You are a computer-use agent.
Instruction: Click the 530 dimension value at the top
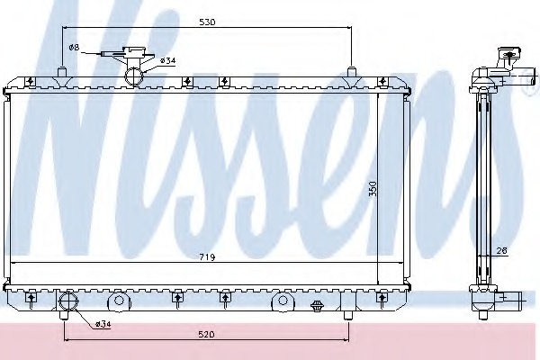[x=207, y=22]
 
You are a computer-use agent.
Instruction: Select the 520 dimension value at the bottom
[x=206, y=334]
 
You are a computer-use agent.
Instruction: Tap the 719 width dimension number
[x=207, y=257]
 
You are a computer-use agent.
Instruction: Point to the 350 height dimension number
[x=373, y=189]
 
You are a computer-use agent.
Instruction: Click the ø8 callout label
[x=74, y=48]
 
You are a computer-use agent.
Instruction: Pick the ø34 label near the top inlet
[x=167, y=61]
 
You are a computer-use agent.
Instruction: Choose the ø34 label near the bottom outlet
[x=103, y=324]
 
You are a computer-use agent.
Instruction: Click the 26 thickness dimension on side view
[x=502, y=251]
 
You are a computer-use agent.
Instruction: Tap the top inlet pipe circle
[x=134, y=76]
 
